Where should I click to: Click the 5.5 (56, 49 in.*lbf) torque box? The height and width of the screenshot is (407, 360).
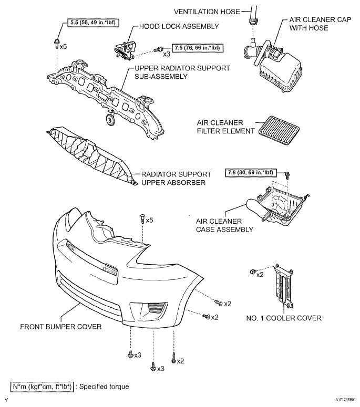(92, 23)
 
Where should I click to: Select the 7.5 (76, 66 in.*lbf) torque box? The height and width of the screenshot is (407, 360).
(198, 48)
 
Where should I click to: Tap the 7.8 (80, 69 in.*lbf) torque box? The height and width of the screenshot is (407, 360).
(251, 173)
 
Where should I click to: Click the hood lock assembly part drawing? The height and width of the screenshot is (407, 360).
(126, 50)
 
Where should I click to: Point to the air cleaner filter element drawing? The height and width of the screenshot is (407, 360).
(279, 130)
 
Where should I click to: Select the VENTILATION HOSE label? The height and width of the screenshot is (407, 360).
(207, 12)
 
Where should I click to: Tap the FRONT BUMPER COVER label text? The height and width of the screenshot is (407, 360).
(61, 327)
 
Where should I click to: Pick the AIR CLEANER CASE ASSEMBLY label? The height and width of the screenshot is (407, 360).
(224, 225)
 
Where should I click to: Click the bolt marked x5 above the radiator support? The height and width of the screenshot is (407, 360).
(56, 44)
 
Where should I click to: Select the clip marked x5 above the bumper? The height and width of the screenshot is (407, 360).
(142, 219)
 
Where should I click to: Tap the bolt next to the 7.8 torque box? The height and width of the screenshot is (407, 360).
(287, 175)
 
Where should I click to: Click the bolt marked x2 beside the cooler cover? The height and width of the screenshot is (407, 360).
(252, 272)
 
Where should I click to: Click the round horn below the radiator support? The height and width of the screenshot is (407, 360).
(110, 120)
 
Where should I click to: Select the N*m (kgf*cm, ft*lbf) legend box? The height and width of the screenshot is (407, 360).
(42, 387)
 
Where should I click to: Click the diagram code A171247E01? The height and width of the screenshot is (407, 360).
(345, 400)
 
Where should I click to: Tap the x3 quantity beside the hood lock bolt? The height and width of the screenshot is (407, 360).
(167, 54)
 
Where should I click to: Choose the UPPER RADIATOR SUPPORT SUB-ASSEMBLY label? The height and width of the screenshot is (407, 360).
(182, 72)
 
